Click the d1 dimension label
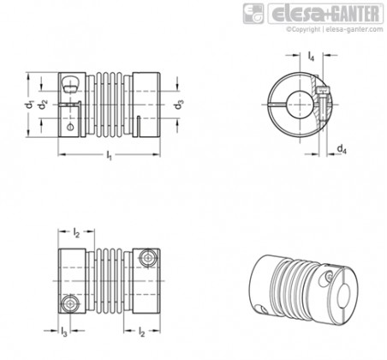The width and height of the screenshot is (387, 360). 29,105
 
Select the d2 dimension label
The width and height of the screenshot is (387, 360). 44,105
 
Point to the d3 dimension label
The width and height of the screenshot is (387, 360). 179,105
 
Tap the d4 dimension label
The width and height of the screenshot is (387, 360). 342,149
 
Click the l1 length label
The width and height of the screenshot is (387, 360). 109,155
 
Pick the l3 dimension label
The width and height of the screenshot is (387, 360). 64,332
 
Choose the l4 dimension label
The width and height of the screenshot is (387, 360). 311,56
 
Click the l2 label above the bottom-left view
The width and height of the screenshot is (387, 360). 76,232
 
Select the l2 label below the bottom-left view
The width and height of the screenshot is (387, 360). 142,332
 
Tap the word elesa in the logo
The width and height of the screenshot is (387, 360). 298,14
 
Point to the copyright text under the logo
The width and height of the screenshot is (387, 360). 335,29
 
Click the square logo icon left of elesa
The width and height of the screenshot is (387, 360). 253,14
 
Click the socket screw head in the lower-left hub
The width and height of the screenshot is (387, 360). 70,304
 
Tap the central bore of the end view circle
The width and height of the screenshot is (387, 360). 300,105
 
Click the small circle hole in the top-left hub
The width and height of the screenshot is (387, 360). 70,127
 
